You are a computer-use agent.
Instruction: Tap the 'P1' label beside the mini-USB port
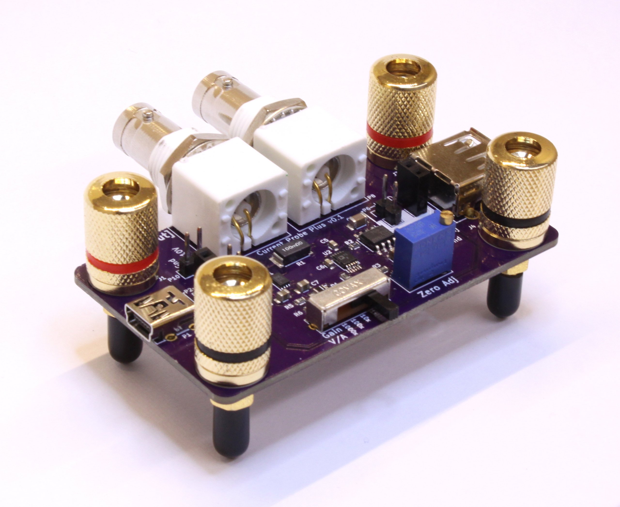186,335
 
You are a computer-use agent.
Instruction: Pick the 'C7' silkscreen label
315,283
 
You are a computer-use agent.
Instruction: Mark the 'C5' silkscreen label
323,241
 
